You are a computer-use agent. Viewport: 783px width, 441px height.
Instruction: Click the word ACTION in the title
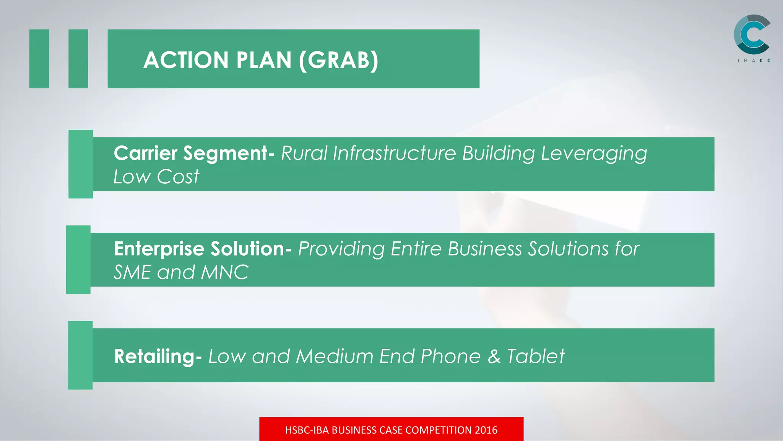[x=186, y=60]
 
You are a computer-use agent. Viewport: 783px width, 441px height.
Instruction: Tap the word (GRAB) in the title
[x=339, y=60]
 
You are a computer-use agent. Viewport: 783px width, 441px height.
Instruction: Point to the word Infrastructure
[x=394, y=153]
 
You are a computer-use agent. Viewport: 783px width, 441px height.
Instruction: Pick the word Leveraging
[x=594, y=154]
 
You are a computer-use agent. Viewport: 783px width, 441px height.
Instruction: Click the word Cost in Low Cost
[x=178, y=177]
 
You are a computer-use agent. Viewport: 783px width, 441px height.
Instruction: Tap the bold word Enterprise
[x=159, y=249]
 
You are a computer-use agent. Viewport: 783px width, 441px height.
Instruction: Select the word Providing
[x=341, y=249]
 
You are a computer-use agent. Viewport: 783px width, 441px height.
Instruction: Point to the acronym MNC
[x=224, y=273]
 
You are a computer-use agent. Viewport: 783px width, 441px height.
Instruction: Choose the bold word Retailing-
[x=158, y=356]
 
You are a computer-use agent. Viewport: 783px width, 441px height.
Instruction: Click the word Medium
[x=335, y=356]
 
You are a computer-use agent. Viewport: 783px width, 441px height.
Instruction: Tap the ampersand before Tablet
[x=494, y=356]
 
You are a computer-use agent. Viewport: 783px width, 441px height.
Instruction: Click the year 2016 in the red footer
[x=486, y=430]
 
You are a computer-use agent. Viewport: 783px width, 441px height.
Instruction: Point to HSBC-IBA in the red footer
[x=307, y=430]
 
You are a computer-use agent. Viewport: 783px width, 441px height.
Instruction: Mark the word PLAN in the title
[x=264, y=60]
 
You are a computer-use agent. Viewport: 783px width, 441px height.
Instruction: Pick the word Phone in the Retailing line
[x=450, y=356]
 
